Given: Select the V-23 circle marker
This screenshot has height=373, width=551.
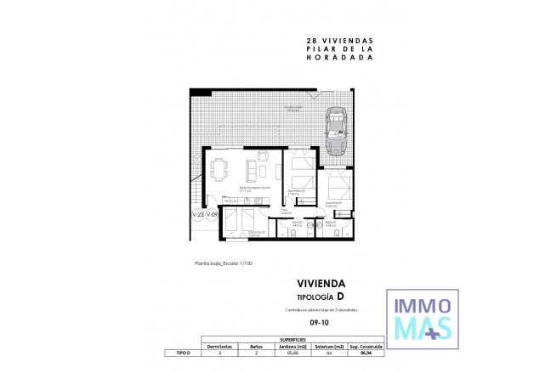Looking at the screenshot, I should [x=198, y=216].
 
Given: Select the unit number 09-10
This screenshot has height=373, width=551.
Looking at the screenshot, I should [x=320, y=324].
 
